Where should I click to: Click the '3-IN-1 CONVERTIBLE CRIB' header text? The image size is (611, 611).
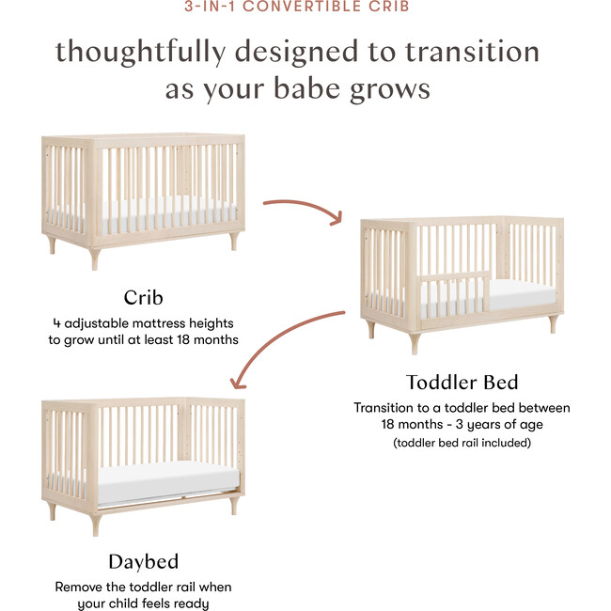click(x=305, y=7)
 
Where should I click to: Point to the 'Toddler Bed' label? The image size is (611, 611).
click(x=462, y=383)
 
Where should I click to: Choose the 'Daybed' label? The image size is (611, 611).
click(x=143, y=562)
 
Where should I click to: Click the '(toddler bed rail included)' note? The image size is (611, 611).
click(x=462, y=442)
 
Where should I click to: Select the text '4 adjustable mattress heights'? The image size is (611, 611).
click(x=143, y=322)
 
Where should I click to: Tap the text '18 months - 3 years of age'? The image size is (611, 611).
click(x=462, y=424)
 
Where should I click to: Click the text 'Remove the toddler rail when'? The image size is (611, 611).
click(x=143, y=587)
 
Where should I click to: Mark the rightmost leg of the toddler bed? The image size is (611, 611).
click(x=553, y=325)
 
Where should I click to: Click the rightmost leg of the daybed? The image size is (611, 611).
click(x=232, y=506)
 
